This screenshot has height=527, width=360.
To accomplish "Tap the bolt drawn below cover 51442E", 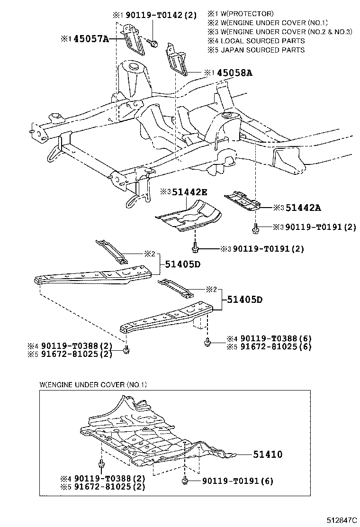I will pos(195,247).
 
